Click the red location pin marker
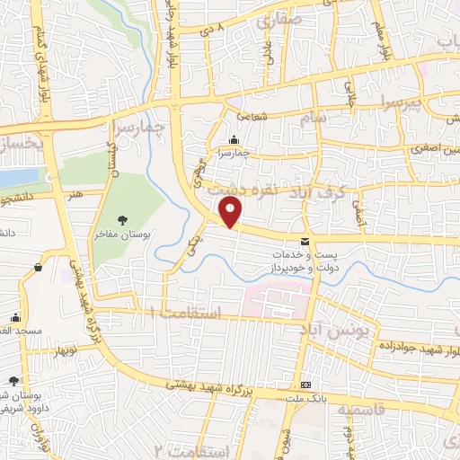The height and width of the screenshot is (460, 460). tap(231, 212)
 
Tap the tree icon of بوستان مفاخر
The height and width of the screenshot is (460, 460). tap(122, 219)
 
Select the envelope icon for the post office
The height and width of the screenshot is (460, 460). tap(305, 241)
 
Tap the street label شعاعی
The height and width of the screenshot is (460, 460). tap(252, 116)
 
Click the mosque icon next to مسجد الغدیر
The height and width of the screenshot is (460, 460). tap(16, 317)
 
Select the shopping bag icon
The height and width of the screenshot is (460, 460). tap(39, 267)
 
